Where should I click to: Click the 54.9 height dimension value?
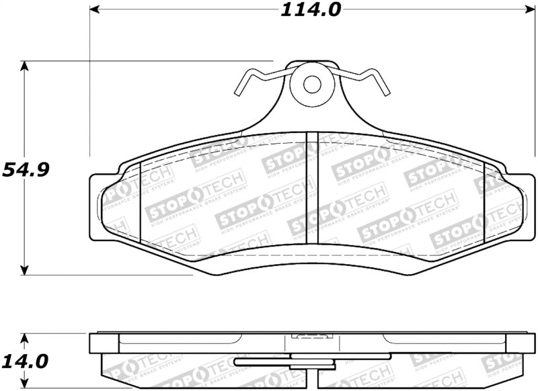coord(25,169)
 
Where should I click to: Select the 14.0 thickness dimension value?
coord(25,361)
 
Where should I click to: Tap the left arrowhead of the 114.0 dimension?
coord(95,10)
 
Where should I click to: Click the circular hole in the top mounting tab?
coord(311,85)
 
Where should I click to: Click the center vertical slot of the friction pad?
coord(311,188)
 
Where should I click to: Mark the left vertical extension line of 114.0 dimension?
coord(89,81)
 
